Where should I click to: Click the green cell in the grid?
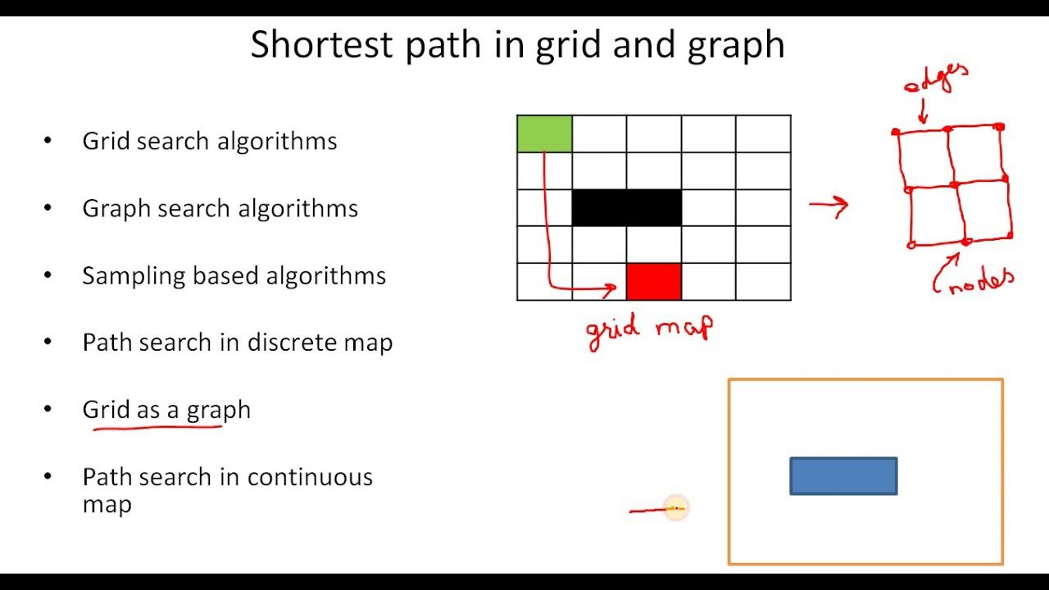[544, 134]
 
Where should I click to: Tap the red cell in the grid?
[653, 281]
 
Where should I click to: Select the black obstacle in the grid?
[626, 207]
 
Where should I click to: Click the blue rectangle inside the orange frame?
[843, 476]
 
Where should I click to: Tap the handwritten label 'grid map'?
[649, 329]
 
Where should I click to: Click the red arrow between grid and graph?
[829, 205]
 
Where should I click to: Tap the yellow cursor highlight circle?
[675, 509]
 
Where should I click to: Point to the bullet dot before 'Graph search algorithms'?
[48, 207]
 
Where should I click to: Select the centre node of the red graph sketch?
[953, 184]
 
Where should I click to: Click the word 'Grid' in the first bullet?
[106, 141]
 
